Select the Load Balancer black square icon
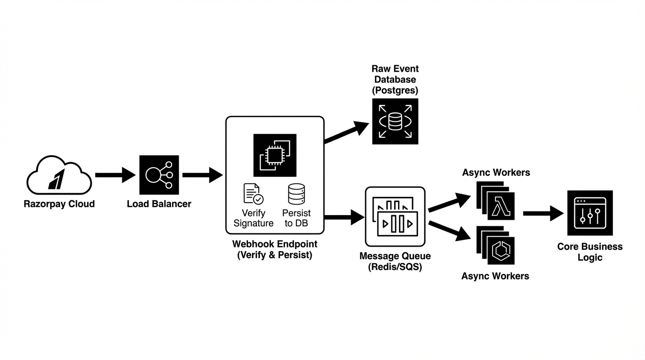(159, 175)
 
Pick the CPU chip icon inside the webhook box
(275, 155)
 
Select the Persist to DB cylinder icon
(296, 194)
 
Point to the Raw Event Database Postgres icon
(395, 121)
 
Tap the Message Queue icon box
(395, 216)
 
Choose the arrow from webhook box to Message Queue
(344, 217)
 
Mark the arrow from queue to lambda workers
(449, 202)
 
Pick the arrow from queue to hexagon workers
(449, 231)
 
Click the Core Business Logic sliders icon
(590, 213)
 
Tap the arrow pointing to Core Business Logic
(543, 213)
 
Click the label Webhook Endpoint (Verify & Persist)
(275, 250)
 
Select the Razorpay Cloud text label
(59, 204)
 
